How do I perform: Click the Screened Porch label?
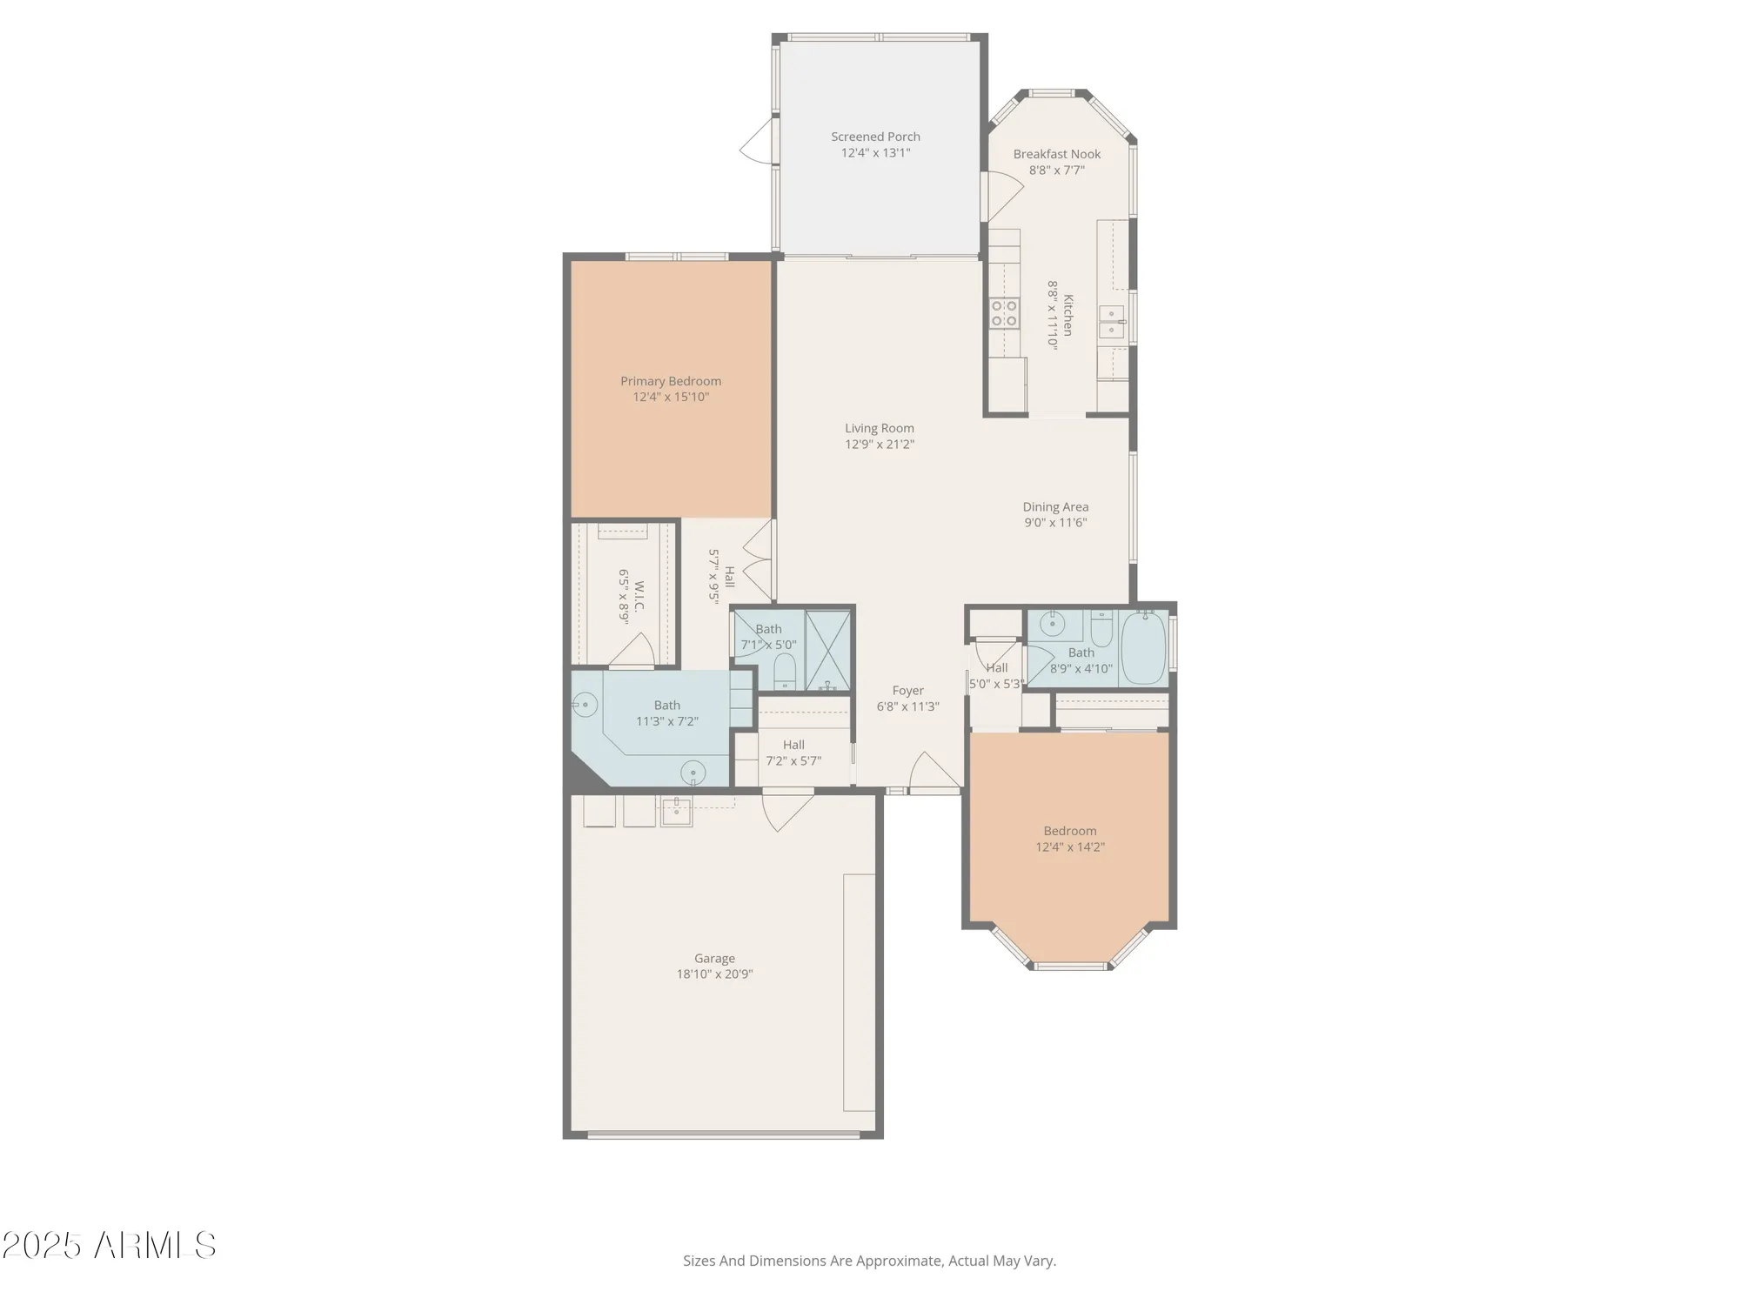(x=875, y=137)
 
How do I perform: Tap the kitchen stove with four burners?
(x=1004, y=313)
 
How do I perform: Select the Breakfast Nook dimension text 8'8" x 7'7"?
(x=1056, y=171)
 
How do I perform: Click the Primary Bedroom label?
(x=670, y=381)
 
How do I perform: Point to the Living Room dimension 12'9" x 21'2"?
(x=880, y=445)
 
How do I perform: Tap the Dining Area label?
(x=1055, y=506)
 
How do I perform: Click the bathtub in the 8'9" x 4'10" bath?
(x=1143, y=648)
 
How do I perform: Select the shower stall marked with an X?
(x=827, y=651)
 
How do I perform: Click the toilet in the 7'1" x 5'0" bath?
(x=785, y=672)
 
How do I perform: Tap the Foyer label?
(x=907, y=691)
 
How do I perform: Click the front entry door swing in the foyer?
(x=933, y=773)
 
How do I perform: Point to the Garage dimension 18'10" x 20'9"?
(x=714, y=974)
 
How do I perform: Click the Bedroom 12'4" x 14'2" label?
(x=1069, y=831)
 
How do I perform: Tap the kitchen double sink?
(x=1111, y=321)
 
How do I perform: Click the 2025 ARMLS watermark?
(x=109, y=1246)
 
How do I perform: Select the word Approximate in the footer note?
(x=898, y=1261)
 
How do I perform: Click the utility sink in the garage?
(x=676, y=812)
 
